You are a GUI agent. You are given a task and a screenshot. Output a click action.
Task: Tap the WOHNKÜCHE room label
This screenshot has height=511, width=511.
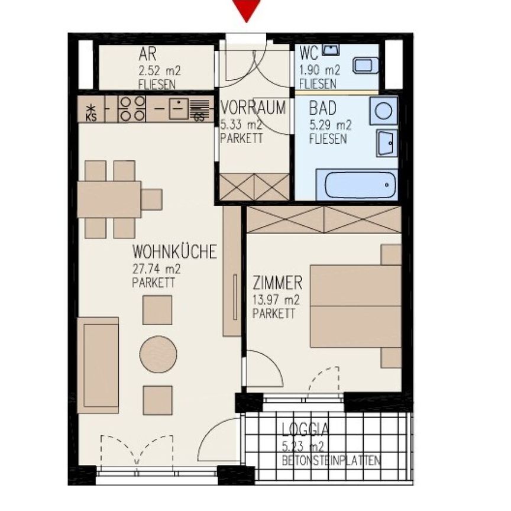[174, 252]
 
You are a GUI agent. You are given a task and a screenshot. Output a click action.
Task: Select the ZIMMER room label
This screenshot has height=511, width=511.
[277, 282]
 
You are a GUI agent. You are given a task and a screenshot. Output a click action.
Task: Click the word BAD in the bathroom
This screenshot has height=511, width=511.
[322, 108]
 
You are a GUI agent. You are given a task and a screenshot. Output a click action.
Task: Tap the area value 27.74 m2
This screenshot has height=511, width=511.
[157, 269]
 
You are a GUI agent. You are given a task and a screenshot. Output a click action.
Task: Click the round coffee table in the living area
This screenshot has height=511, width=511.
[158, 355]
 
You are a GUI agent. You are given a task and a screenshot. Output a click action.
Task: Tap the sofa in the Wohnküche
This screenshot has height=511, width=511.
[98, 364]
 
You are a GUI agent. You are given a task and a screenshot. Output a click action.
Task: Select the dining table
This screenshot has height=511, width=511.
[109, 199]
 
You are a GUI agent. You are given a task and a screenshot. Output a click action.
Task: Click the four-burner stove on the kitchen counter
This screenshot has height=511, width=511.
[132, 109]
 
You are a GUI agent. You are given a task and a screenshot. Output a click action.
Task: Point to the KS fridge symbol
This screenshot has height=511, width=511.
[90, 110]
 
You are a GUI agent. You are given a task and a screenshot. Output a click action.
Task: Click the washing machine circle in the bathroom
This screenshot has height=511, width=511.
[383, 111]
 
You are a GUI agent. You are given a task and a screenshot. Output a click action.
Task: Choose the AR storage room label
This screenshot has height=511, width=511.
[147, 55]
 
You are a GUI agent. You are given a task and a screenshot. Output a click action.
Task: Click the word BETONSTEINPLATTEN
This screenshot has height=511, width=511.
[331, 461]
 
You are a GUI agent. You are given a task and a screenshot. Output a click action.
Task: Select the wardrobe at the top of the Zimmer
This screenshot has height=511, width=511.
[324, 219]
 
